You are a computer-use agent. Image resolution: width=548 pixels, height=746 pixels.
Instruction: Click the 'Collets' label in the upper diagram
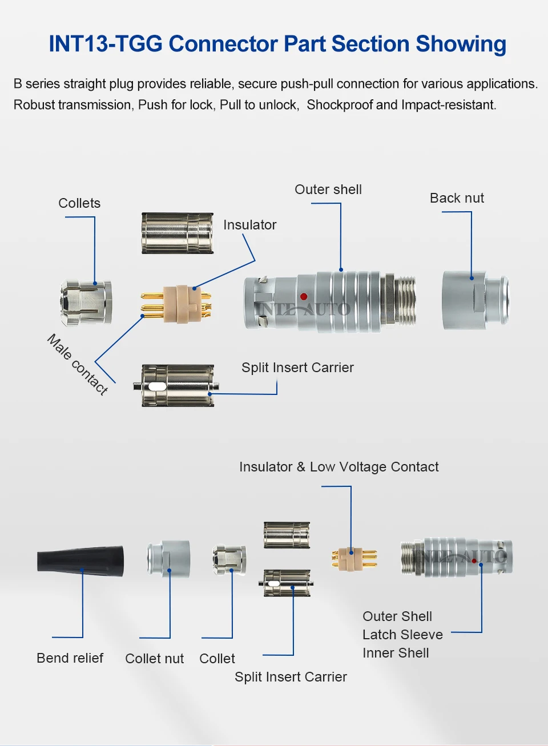(x=79, y=203)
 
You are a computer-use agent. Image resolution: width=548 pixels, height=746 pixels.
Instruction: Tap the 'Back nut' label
(x=457, y=198)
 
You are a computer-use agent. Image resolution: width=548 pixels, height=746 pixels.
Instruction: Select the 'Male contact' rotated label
(x=77, y=365)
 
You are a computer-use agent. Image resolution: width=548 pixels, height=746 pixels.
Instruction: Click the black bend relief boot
(x=80, y=561)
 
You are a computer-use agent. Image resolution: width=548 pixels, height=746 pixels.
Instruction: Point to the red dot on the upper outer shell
(x=304, y=296)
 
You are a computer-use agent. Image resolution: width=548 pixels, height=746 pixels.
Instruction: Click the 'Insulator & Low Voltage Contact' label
(x=339, y=467)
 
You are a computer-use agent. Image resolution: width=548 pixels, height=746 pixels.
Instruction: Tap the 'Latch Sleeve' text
(x=402, y=635)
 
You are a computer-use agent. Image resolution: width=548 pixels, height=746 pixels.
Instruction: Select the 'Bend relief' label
(x=70, y=658)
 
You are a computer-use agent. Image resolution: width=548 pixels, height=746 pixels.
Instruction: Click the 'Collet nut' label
(x=154, y=659)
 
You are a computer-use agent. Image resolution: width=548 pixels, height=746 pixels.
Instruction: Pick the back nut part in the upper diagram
(x=476, y=301)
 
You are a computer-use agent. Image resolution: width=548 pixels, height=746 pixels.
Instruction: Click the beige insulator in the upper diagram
(x=182, y=304)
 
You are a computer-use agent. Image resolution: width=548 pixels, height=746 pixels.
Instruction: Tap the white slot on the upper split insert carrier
(x=156, y=386)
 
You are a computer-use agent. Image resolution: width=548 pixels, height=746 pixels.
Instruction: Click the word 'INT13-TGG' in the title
(x=106, y=43)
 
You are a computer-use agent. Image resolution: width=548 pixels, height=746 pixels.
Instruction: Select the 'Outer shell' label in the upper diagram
(x=328, y=189)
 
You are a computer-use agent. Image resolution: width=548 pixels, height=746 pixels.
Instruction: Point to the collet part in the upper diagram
(x=86, y=303)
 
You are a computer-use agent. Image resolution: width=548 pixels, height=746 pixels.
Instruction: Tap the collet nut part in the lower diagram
(x=168, y=558)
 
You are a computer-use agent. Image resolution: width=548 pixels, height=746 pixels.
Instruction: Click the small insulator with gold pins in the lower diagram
(x=354, y=559)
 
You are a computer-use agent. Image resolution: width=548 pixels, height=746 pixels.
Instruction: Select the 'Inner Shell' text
(x=396, y=653)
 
